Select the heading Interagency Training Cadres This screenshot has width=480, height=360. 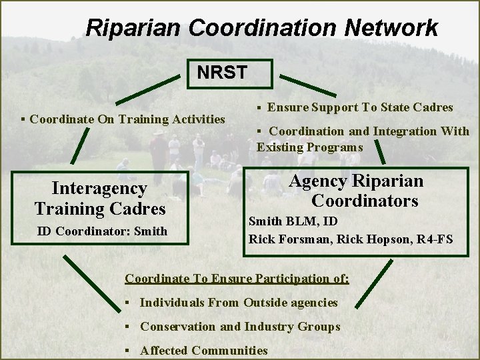[x=100, y=199]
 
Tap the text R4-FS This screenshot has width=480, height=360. [x=433, y=238]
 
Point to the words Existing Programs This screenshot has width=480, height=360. [x=310, y=147]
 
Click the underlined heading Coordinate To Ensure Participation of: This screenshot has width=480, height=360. [x=237, y=278]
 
